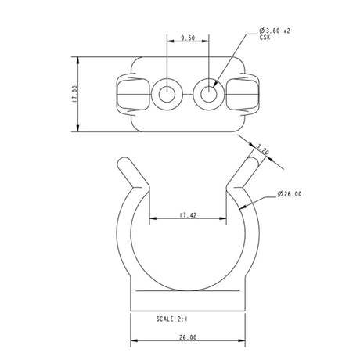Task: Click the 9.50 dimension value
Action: [x=188, y=37]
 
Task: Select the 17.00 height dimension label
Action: [x=74, y=95]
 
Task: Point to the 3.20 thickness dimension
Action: [x=264, y=148]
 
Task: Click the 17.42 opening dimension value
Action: [x=188, y=214]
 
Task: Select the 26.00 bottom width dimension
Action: [x=188, y=337]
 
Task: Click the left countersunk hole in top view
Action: [x=167, y=95]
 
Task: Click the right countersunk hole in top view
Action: [x=209, y=95]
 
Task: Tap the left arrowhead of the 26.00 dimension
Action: [x=132, y=342]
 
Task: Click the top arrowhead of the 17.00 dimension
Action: [x=80, y=59]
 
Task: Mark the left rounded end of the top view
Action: [x=125, y=95]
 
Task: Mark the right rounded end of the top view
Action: [x=250, y=95]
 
